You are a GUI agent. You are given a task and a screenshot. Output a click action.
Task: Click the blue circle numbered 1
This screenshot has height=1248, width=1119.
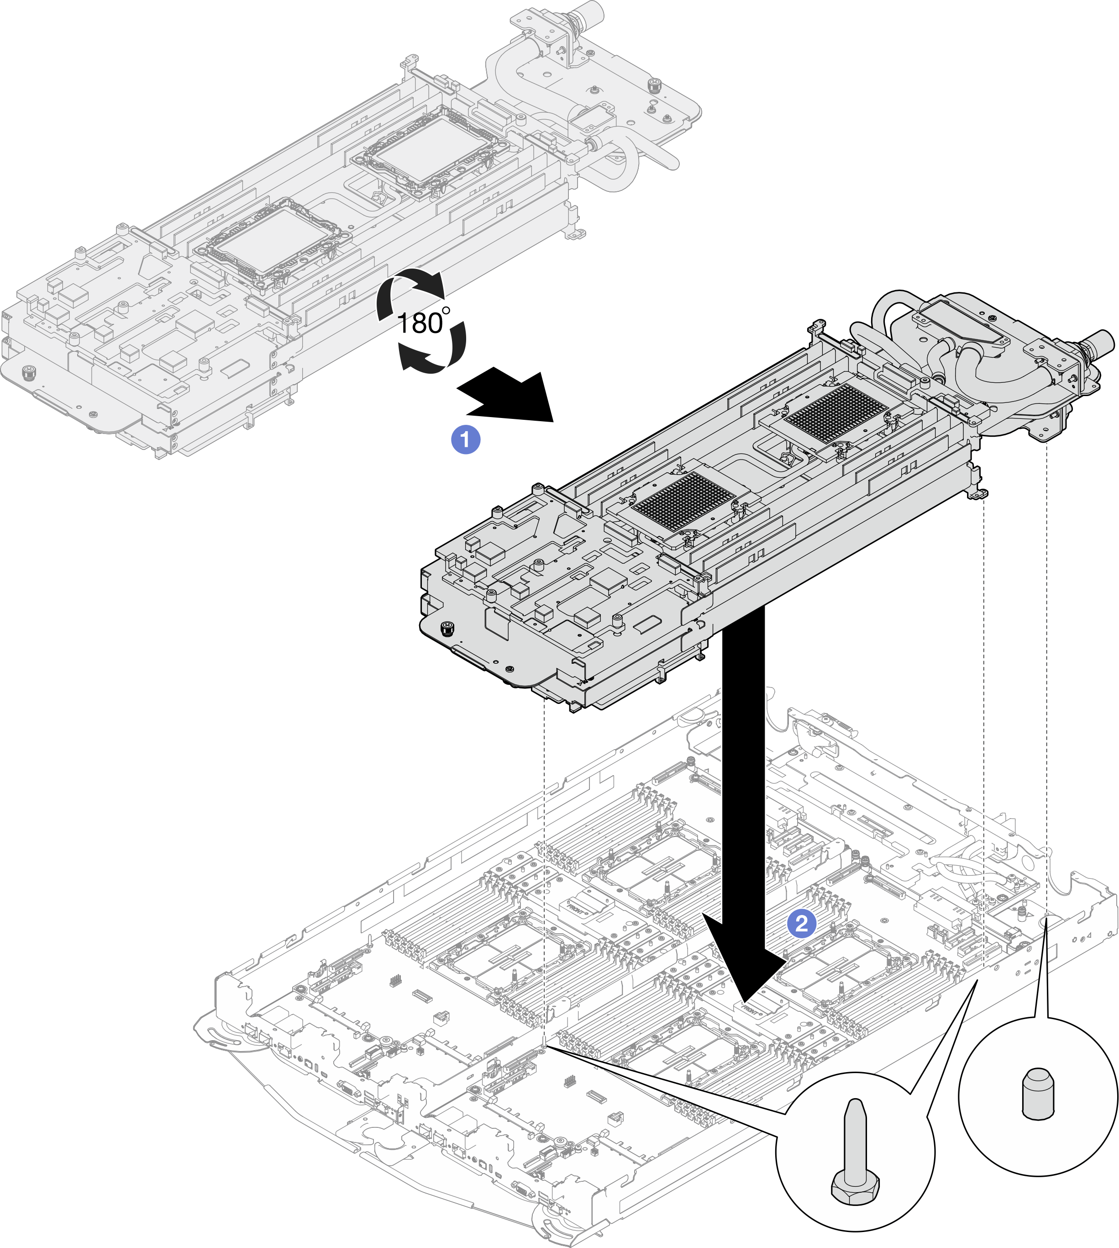pyautogui.click(x=465, y=440)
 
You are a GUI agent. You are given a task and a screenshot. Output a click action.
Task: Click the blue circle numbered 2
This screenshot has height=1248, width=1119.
pyautogui.click(x=802, y=923)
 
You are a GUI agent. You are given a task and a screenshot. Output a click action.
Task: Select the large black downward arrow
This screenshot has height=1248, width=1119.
pyautogui.click(x=744, y=799)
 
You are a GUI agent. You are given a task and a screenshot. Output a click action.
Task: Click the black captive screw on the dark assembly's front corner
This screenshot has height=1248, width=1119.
pyautogui.click(x=447, y=629)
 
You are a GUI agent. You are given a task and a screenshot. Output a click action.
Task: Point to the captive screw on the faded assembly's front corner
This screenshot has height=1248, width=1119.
pyautogui.click(x=28, y=372)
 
